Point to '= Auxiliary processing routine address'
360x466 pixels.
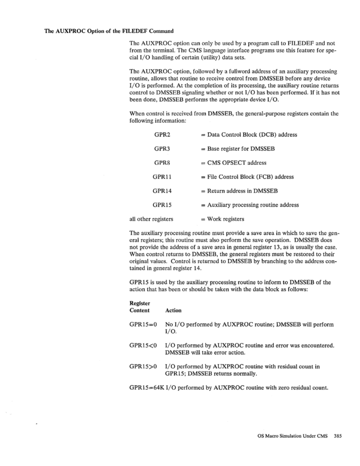[x=249, y=205]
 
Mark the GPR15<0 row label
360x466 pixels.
[x=143, y=346]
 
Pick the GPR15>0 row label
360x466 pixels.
[x=143, y=366]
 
